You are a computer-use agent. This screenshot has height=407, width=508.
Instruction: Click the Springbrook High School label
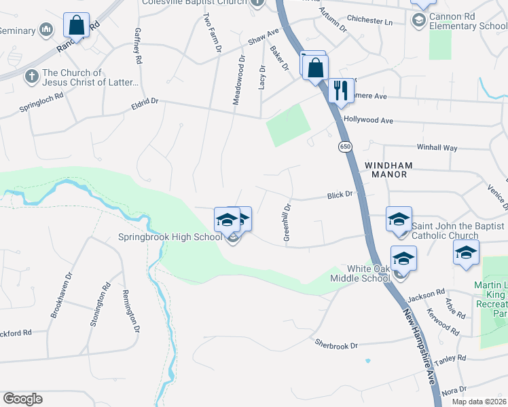(x=170, y=237)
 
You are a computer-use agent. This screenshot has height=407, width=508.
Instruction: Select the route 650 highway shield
(x=345, y=146)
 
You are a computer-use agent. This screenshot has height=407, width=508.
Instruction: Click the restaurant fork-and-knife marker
(x=341, y=90)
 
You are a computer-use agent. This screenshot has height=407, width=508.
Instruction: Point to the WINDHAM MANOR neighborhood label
(x=386, y=170)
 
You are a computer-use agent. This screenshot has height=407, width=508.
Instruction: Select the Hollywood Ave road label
(x=369, y=121)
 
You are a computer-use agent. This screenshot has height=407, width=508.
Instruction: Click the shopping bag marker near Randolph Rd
(x=77, y=26)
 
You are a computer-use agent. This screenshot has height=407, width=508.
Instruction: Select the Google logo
(x=22, y=399)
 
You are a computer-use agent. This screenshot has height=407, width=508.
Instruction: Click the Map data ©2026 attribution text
(x=479, y=402)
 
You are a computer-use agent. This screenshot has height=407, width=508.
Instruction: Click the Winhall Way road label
(x=437, y=147)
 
